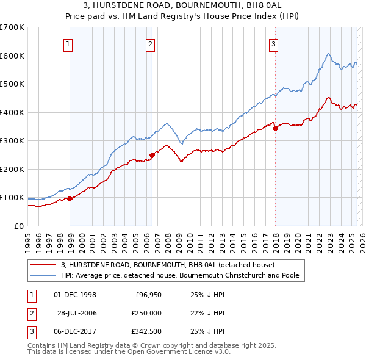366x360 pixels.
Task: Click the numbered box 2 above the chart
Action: (x=150, y=44)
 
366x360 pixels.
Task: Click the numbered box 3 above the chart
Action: (x=274, y=44)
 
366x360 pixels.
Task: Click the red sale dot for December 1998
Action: (x=70, y=198)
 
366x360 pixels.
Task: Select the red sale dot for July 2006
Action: (x=152, y=155)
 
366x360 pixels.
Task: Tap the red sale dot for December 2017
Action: (x=275, y=129)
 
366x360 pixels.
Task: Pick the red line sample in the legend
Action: (x=43, y=265)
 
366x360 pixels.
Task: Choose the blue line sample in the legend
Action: (x=43, y=275)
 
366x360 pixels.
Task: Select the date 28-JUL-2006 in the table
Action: (x=77, y=313)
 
